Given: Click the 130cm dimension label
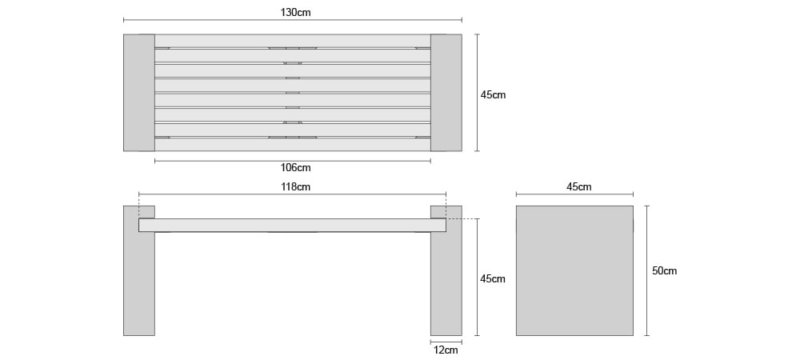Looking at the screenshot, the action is point(295,13).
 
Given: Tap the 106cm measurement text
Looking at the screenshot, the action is point(295,168).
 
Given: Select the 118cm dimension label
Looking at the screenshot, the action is point(295,187).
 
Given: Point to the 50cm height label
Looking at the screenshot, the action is point(664,271).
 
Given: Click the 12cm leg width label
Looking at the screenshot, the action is point(446,350).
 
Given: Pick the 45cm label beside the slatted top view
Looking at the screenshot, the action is point(493,95).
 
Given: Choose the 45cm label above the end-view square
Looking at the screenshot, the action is point(579,187).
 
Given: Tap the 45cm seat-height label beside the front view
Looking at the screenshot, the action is point(493,278).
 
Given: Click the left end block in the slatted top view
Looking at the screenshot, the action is point(139,93).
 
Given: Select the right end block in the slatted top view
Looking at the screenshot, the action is point(446,93).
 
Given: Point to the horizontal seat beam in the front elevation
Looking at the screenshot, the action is point(293,225).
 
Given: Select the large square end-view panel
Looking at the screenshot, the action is point(574,270).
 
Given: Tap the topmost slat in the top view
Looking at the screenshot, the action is point(293,41).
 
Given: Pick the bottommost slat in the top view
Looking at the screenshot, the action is point(293,145).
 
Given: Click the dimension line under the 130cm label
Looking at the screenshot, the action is point(293,20).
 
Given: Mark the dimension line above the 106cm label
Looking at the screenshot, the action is point(293,161).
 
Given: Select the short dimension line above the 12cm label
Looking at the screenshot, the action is point(446,342).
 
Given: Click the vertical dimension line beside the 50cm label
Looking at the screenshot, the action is point(647,270).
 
